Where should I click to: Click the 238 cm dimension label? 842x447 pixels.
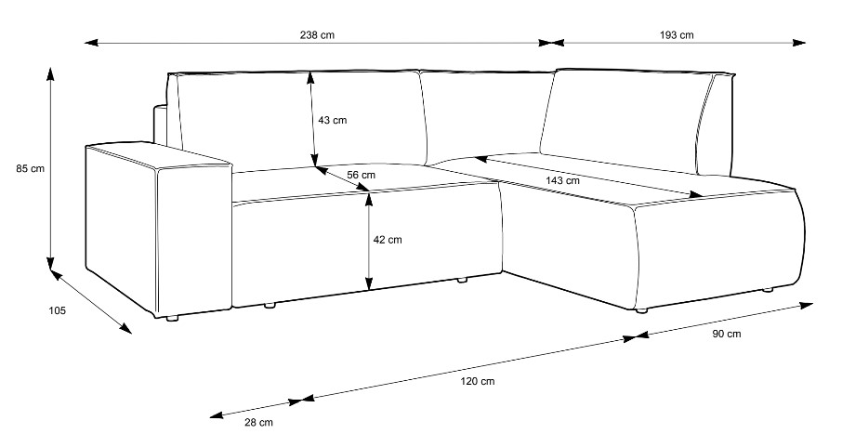317,35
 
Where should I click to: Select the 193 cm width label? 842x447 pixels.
677,35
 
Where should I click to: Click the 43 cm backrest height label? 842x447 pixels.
332,121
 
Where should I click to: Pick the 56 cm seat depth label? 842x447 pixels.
361,175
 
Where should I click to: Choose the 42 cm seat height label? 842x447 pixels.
387,240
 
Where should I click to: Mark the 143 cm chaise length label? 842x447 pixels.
563,180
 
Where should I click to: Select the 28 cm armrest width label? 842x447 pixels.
258,423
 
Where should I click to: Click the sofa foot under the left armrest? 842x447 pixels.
171,319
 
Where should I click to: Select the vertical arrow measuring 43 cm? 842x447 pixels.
313,121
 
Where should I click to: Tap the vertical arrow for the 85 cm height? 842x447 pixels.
50,167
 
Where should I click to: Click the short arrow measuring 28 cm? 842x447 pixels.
257,408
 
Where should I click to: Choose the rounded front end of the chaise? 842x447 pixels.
790,237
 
